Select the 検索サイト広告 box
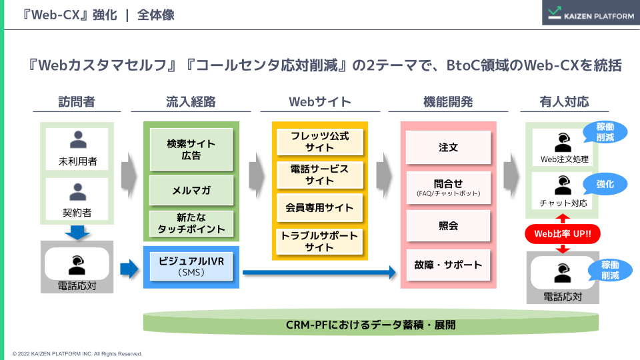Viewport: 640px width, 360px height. tap(191, 149)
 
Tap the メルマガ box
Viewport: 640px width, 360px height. tap(191, 190)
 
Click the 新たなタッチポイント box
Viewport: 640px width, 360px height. tap(191, 223)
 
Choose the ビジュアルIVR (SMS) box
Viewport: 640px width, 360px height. tap(191, 266)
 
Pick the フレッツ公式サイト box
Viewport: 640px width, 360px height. tap(319, 141)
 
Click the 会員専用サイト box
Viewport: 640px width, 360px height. tap(319, 207)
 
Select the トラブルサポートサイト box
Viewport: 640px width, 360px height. tap(319, 241)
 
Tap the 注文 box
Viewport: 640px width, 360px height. tap(448, 147)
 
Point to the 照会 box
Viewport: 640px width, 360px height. tap(448, 226)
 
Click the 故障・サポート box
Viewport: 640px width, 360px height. tap(448, 265)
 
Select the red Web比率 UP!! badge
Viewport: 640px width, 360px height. tap(562, 234)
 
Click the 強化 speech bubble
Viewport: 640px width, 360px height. tap(605, 183)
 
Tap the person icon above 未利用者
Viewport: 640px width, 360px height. tap(78, 140)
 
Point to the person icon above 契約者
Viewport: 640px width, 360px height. tap(78, 192)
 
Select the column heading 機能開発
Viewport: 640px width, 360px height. tap(448, 102)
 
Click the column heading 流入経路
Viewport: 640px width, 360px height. tap(191, 102)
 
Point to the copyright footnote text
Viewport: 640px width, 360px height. tap(77, 353)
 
